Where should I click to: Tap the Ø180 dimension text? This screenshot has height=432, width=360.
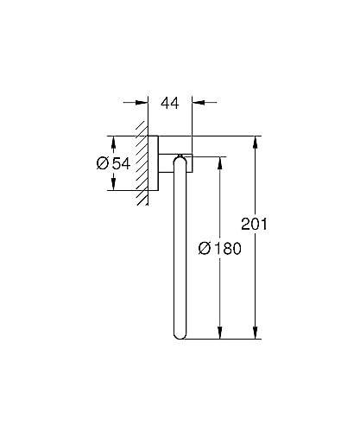219,248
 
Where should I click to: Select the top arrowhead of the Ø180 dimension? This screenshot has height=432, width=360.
220,162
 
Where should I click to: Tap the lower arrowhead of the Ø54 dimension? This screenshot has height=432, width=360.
112,188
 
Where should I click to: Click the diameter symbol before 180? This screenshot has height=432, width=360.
205,248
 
